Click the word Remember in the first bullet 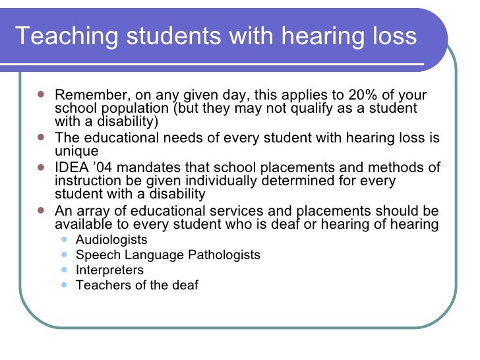click(86, 96)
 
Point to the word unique click(76, 152)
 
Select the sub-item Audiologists click(111, 240)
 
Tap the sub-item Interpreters click(109, 270)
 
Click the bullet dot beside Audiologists click(63, 239)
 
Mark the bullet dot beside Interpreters click(63, 269)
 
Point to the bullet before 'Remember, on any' click(41, 94)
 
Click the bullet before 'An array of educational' click(41, 210)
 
